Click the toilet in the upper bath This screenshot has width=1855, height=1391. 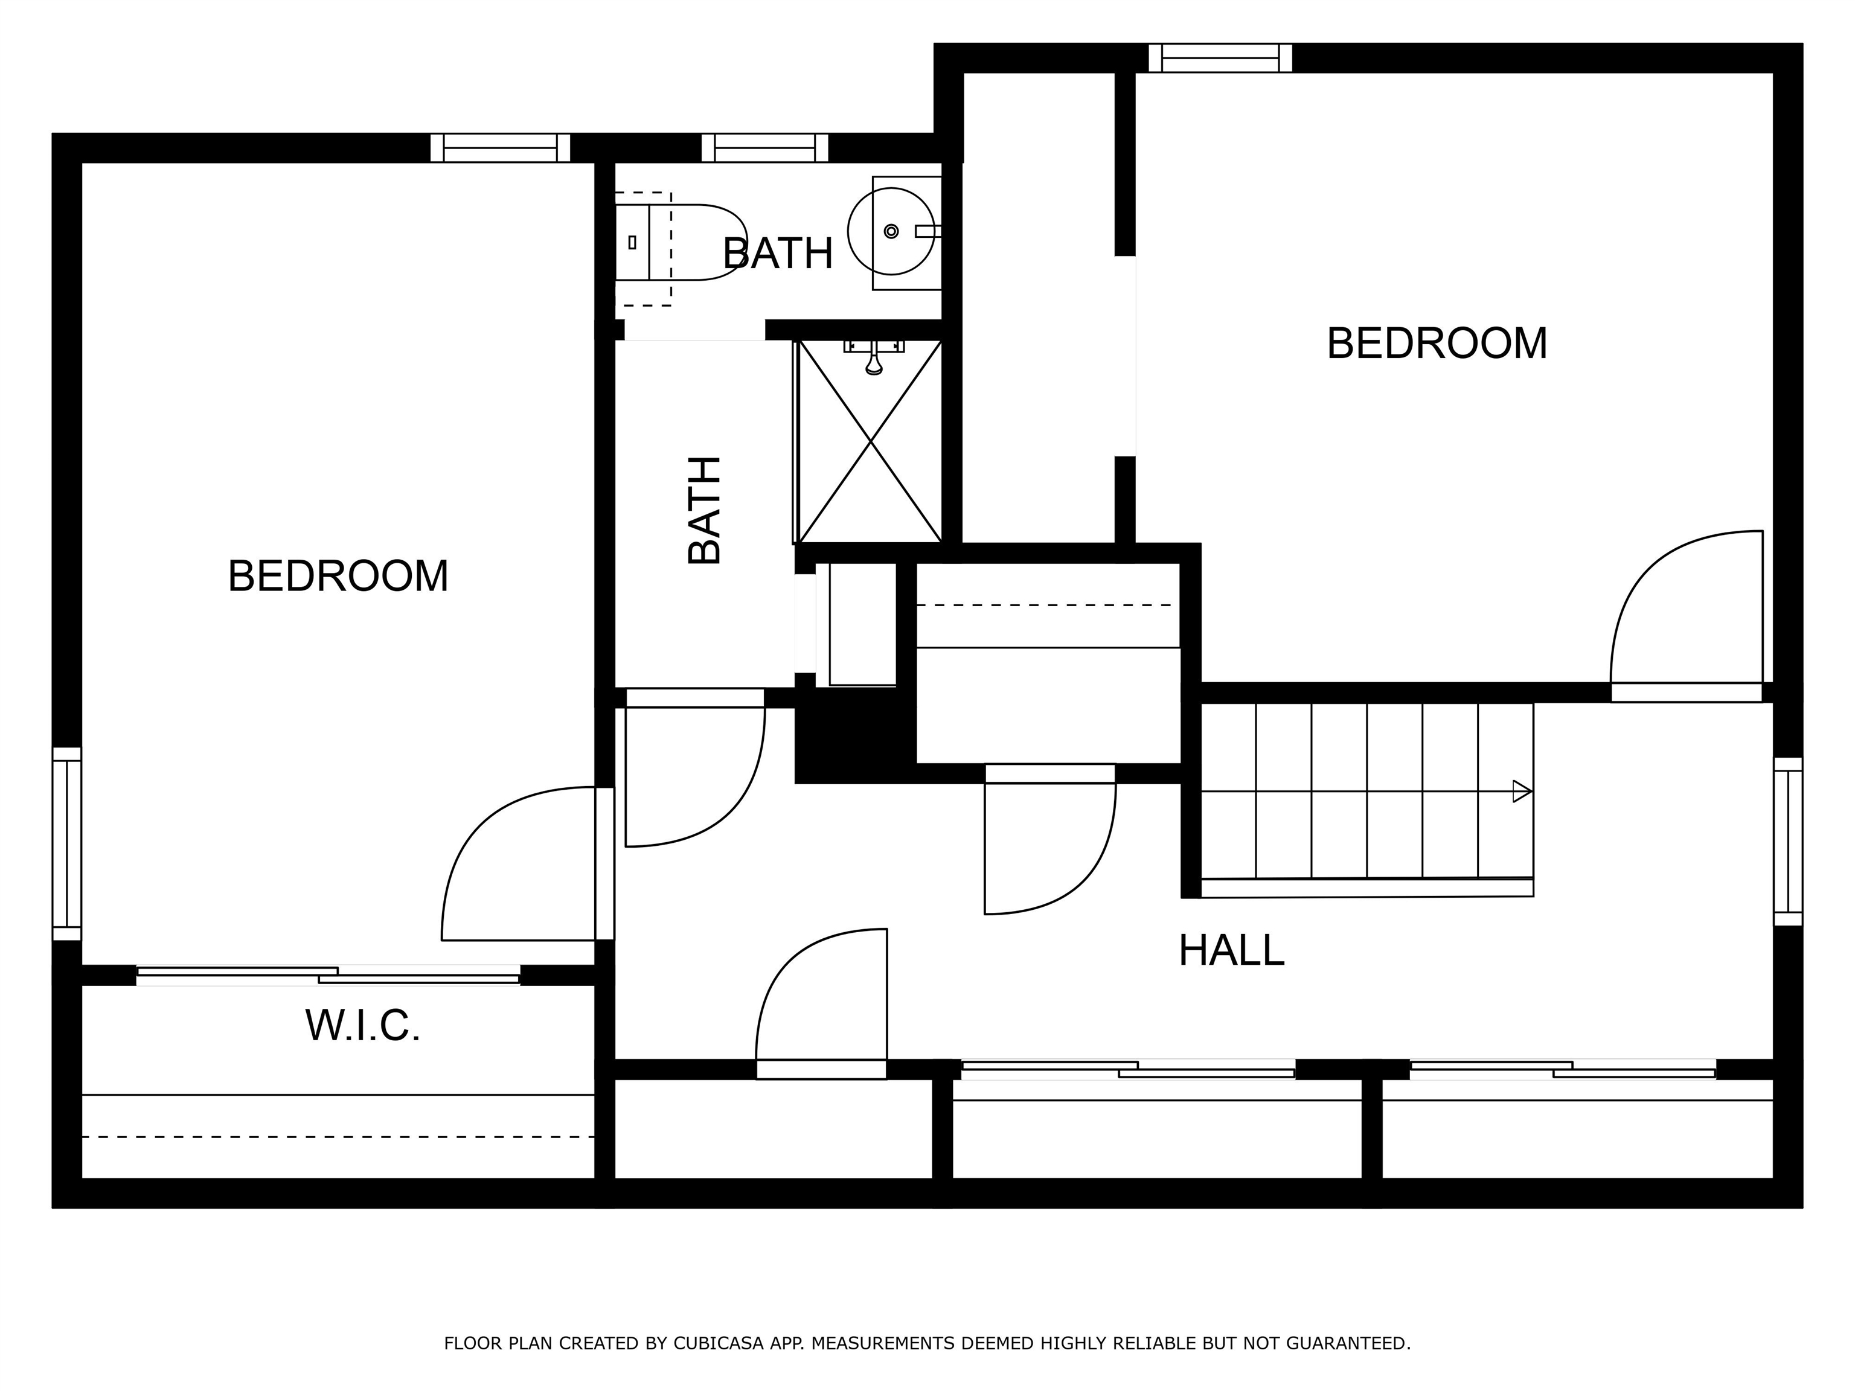[681, 241]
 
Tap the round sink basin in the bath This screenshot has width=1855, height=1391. [891, 231]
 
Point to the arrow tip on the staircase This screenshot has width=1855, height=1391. [1531, 791]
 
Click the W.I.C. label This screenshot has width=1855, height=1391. [362, 1025]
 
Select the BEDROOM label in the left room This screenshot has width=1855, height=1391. [338, 576]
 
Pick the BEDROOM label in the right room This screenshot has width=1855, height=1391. [1437, 344]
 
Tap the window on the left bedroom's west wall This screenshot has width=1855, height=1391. [67, 843]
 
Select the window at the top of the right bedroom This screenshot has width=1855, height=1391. [1220, 58]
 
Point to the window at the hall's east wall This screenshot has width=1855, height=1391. [1788, 842]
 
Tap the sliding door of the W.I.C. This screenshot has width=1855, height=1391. [328, 975]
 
